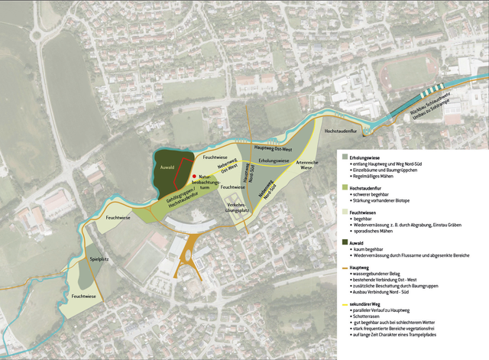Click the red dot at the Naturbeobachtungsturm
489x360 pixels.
(x=195, y=176)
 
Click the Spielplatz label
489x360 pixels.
(x=99, y=260)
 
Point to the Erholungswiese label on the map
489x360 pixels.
(x=274, y=161)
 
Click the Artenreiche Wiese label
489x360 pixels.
(x=306, y=165)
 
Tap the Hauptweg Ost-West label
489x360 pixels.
(x=274, y=147)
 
